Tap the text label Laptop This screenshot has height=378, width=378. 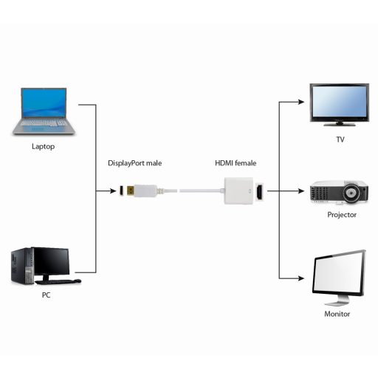pyautogui.click(x=43, y=146)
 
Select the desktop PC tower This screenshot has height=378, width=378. pyautogui.click(x=21, y=268)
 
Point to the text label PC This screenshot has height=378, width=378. pyautogui.click(x=47, y=295)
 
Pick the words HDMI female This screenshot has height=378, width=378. pyautogui.click(x=236, y=162)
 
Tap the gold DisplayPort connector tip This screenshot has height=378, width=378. pyautogui.click(x=126, y=192)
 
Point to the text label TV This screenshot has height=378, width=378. pyautogui.click(x=340, y=138)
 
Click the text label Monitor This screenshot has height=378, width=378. pyautogui.click(x=337, y=314)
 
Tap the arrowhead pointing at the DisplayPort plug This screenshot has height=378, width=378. pyautogui.click(x=111, y=191)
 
